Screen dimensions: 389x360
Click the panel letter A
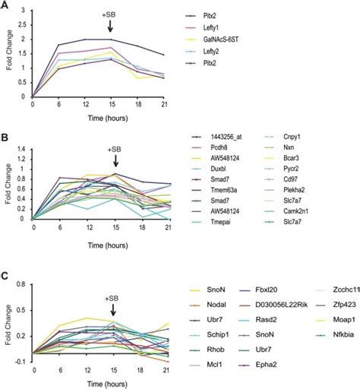click(5, 6)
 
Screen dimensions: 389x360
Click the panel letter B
click(5, 138)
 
